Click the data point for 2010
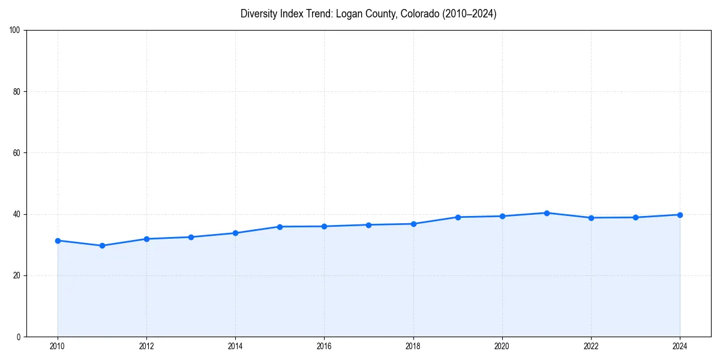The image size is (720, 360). pyautogui.click(x=58, y=241)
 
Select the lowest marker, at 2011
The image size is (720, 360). pyautogui.click(x=102, y=245)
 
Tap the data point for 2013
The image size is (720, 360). pyautogui.click(x=191, y=237)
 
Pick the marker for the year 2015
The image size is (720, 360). pyautogui.click(x=280, y=227)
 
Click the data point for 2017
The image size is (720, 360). pyautogui.click(x=368, y=225)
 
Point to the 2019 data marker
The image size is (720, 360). pyautogui.click(x=458, y=217)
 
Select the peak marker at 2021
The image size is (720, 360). pyautogui.click(x=547, y=213)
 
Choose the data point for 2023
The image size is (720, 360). pyautogui.click(x=635, y=217)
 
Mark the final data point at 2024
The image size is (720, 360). pyautogui.click(x=680, y=215)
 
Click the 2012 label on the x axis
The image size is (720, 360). pyautogui.click(x=146, y=346)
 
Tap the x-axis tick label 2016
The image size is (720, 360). pyautogui.click(x=324, y=346)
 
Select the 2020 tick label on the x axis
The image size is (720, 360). pyautogui.click(x=502, y=346)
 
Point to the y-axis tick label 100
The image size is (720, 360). pyautogui.click(x=15, y=31)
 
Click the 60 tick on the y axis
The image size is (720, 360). pyautogui.click(x=17, y=153)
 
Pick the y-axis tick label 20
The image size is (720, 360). pyautogui.click(x=17, y=275)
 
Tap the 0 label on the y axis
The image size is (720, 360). pyautogui.click(x=19, y=337)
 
